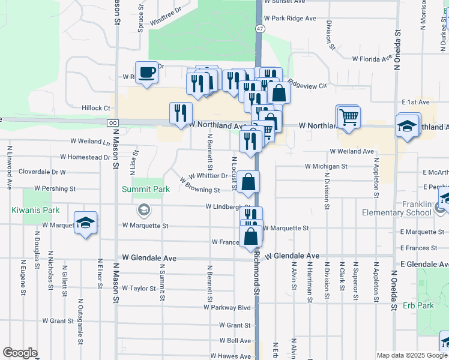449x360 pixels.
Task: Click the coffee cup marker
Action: point(146,73)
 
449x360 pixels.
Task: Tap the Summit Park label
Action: point(146,189)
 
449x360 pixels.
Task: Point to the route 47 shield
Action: point(259,29)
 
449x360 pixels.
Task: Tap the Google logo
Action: point(20,352)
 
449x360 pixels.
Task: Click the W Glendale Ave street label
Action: point(149,257)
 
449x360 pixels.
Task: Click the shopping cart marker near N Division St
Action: point(348,117)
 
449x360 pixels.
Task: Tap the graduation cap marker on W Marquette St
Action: point(86,223)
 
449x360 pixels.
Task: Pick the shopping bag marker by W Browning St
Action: point(248,182)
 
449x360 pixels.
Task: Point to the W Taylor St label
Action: point(139,288)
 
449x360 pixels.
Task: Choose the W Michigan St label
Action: point(326,166)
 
